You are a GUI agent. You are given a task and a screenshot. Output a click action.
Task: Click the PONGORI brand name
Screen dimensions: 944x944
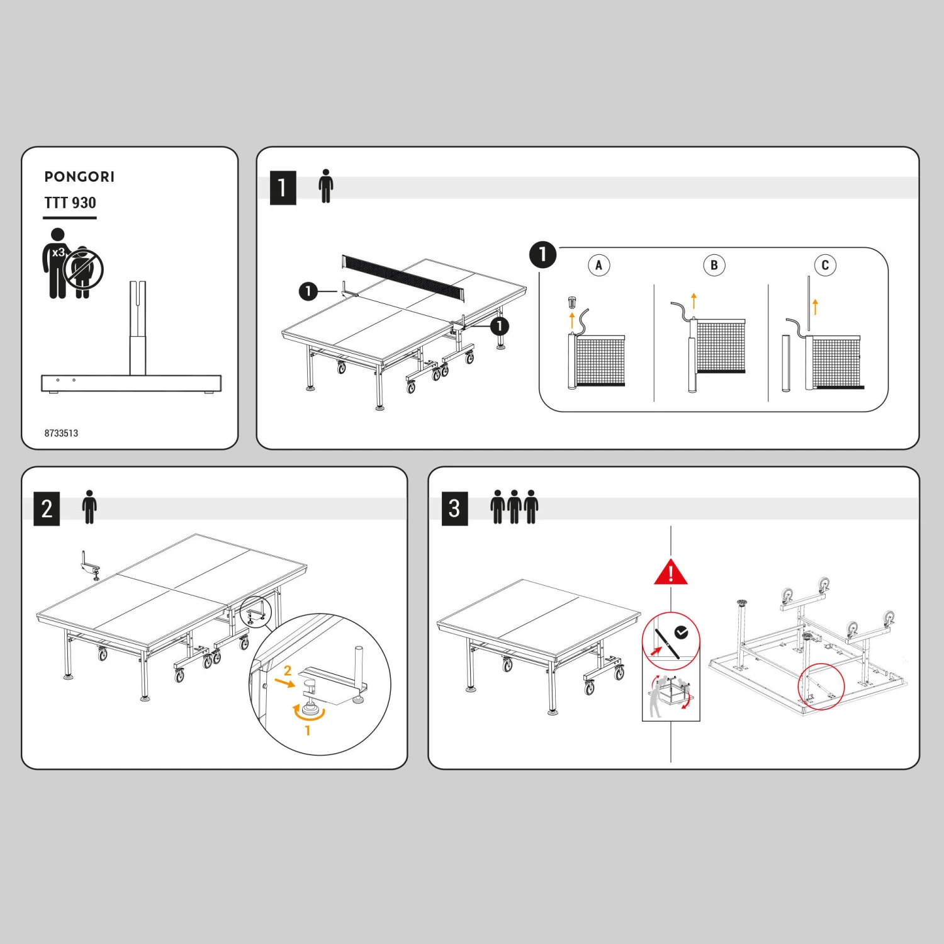click(x=79, y=177)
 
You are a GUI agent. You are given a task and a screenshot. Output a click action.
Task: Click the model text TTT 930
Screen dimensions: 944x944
click(x=70, y=203)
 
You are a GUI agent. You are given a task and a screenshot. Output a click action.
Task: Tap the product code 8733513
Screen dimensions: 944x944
click(x=61, y=433)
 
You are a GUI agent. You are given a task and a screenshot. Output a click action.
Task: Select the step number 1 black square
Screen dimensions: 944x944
click(x=283, y=188)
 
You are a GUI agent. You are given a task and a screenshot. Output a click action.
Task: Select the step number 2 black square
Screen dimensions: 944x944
click(x=47, y=509)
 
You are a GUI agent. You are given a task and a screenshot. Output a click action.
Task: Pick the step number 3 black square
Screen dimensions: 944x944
click(x=454, y=509)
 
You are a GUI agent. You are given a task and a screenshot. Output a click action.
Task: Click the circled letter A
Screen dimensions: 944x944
click(x=598, y=265)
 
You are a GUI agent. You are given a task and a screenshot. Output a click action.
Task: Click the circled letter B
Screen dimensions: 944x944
click(x=714, y=265)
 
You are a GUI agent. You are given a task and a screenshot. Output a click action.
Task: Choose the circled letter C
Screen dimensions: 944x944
click(x=825, y=265)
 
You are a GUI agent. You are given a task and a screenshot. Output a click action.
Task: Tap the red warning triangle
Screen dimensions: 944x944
click(x=671, y=573)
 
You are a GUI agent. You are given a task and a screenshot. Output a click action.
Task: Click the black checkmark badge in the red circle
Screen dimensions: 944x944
click(x=681, y=632)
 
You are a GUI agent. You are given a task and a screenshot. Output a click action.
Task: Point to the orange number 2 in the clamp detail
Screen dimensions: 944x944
click(x=288, y=671)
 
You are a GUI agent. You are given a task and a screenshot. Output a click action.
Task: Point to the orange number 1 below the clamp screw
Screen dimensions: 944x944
click(x=307, y=731)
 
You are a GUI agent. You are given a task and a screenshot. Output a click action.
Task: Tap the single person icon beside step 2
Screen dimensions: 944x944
click(x=89, y=507)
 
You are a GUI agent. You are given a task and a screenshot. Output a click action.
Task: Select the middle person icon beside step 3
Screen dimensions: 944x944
click(x=514, y=507)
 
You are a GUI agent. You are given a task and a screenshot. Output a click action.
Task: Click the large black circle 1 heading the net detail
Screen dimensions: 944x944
click(x=542, y=255)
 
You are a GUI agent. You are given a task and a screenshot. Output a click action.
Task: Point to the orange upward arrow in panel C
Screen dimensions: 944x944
click(x=815, y=306)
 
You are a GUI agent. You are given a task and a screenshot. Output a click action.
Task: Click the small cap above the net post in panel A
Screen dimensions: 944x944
click(x=571, y=302)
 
